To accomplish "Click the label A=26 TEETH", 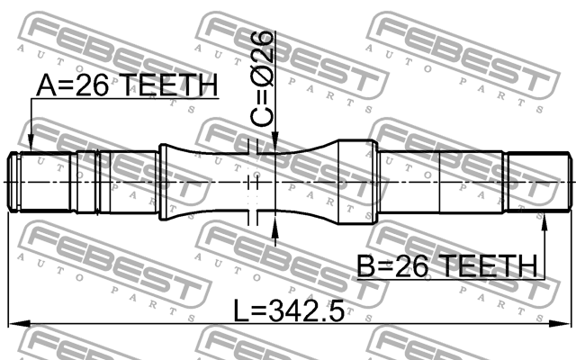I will tap(126, 85).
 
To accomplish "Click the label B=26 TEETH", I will tap(447, 265).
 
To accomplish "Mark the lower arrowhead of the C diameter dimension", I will tap(274, 217).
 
